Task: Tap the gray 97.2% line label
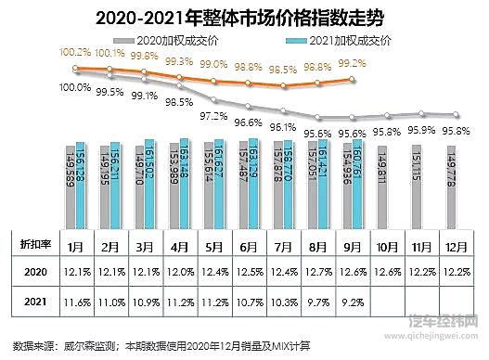214,116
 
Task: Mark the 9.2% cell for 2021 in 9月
352,302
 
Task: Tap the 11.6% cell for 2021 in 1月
77,302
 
